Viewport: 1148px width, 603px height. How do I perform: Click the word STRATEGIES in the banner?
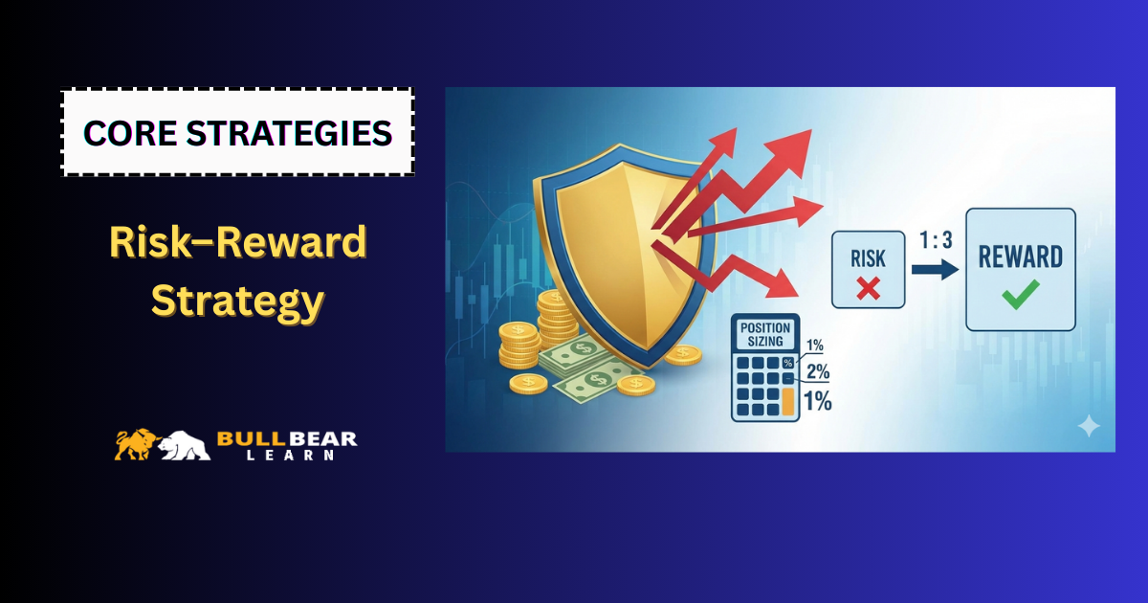tap(289, 133)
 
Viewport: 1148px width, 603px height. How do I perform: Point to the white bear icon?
tap(185, 445)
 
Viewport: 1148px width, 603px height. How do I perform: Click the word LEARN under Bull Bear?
tap(290, 455)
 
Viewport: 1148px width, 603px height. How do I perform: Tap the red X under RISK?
tap(869, 288)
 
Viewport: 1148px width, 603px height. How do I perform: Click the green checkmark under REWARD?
tap(1021, 295)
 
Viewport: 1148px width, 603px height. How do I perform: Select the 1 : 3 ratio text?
tap(936, 240)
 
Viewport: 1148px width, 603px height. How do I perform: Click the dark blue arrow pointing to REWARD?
tap(935, 270)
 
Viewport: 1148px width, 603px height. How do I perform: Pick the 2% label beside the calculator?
tap(818, 371)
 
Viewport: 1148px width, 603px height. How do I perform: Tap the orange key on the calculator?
tap(787, 401)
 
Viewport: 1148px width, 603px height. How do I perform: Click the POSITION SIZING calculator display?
tap(765, 334)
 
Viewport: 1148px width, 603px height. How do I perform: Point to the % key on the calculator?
tap(787, 363)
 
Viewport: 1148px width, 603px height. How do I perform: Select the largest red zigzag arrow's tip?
tap(812, 130)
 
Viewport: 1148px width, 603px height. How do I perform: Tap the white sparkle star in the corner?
tap(1089, 427)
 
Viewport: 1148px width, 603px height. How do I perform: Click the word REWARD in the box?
tap(1021, 257)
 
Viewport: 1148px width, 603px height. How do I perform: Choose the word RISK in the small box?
tap(869, 259)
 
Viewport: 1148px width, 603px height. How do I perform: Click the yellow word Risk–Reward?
tap(238, 241)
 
